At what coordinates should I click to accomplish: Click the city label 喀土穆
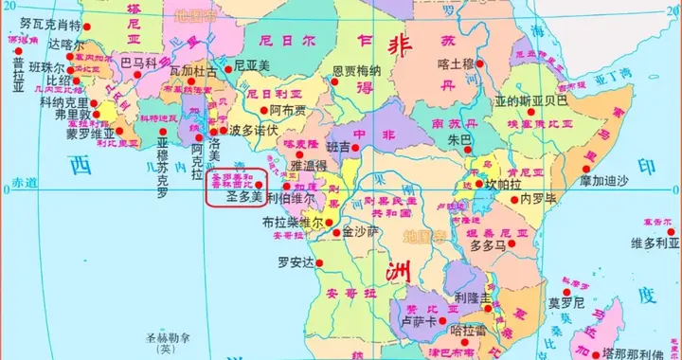click(x=456, y=64)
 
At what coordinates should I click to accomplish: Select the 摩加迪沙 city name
click(x=611, y=181)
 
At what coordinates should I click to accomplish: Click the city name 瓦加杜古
click(x=193, y=71)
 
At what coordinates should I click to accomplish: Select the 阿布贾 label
click(x=288, y=110)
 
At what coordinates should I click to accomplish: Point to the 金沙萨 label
click(x=361, y=231)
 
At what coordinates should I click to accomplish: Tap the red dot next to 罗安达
click(x=322, y=261)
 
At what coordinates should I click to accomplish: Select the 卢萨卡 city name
click(x=418, y=323)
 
